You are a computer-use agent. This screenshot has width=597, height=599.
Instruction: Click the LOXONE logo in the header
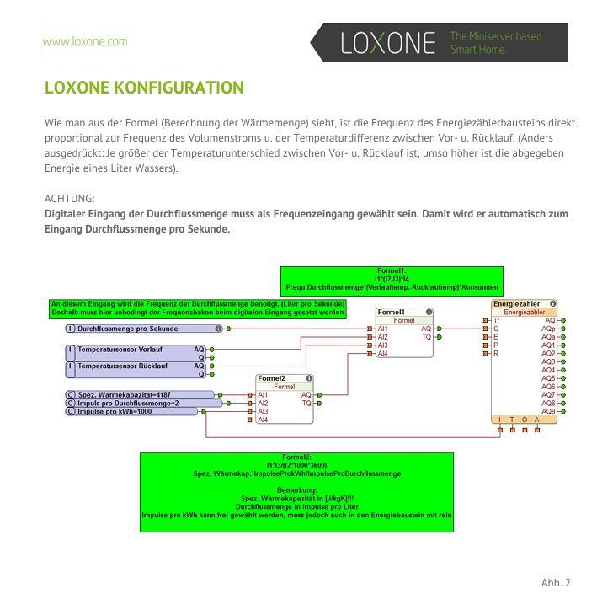[x=388, y=42]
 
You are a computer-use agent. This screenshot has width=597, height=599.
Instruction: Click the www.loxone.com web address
[x=85, y=41]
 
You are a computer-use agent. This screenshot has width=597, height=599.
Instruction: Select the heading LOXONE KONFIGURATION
[x=144, y=88]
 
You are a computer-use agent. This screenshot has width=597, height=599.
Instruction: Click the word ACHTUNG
[x=69, y=198]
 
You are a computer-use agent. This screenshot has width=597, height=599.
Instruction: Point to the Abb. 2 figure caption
[x=556, y=582]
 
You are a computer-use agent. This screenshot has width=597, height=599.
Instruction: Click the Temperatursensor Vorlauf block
[x=135, y=349]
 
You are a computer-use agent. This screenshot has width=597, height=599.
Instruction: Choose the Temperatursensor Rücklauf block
[x=135, y=366]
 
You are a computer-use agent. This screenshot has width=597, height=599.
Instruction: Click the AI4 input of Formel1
[x=382, y=353]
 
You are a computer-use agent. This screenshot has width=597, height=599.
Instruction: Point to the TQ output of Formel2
[x=306, y=403]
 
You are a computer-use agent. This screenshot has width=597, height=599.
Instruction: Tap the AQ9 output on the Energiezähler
[x=548, y=411]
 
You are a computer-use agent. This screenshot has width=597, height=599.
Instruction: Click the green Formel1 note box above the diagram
[x=391, y=279]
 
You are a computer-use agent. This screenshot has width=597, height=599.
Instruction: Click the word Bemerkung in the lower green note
[x=296, y=489]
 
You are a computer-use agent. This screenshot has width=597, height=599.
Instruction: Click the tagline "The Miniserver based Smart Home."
[x=495, y=43]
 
